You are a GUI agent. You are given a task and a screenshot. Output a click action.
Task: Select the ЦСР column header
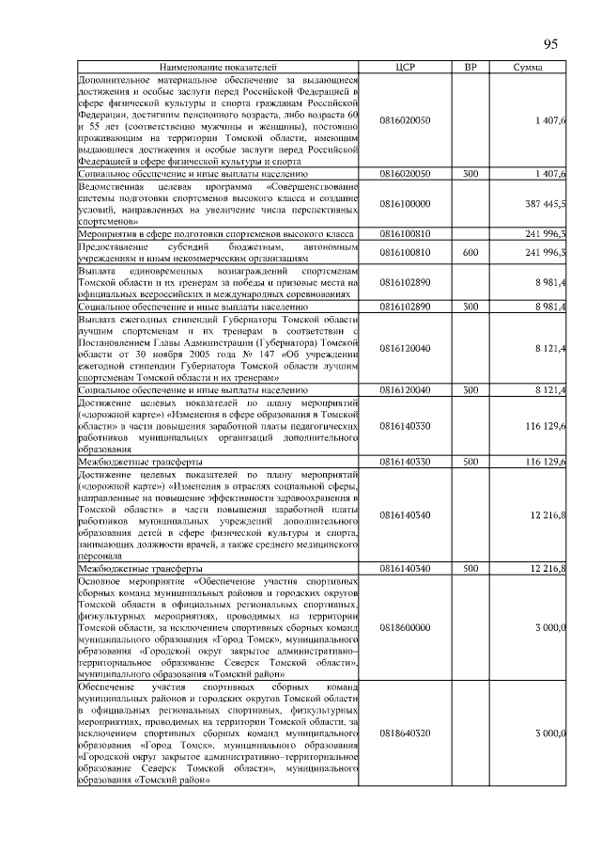point(406,69)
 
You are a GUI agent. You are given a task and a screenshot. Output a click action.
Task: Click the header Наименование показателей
point(218,69)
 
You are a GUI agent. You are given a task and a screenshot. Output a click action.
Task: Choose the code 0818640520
point(406,733)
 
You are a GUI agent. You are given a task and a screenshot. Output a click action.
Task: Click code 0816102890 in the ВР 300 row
point(406,307)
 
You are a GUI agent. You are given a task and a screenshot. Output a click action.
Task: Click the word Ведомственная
point(111,186)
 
